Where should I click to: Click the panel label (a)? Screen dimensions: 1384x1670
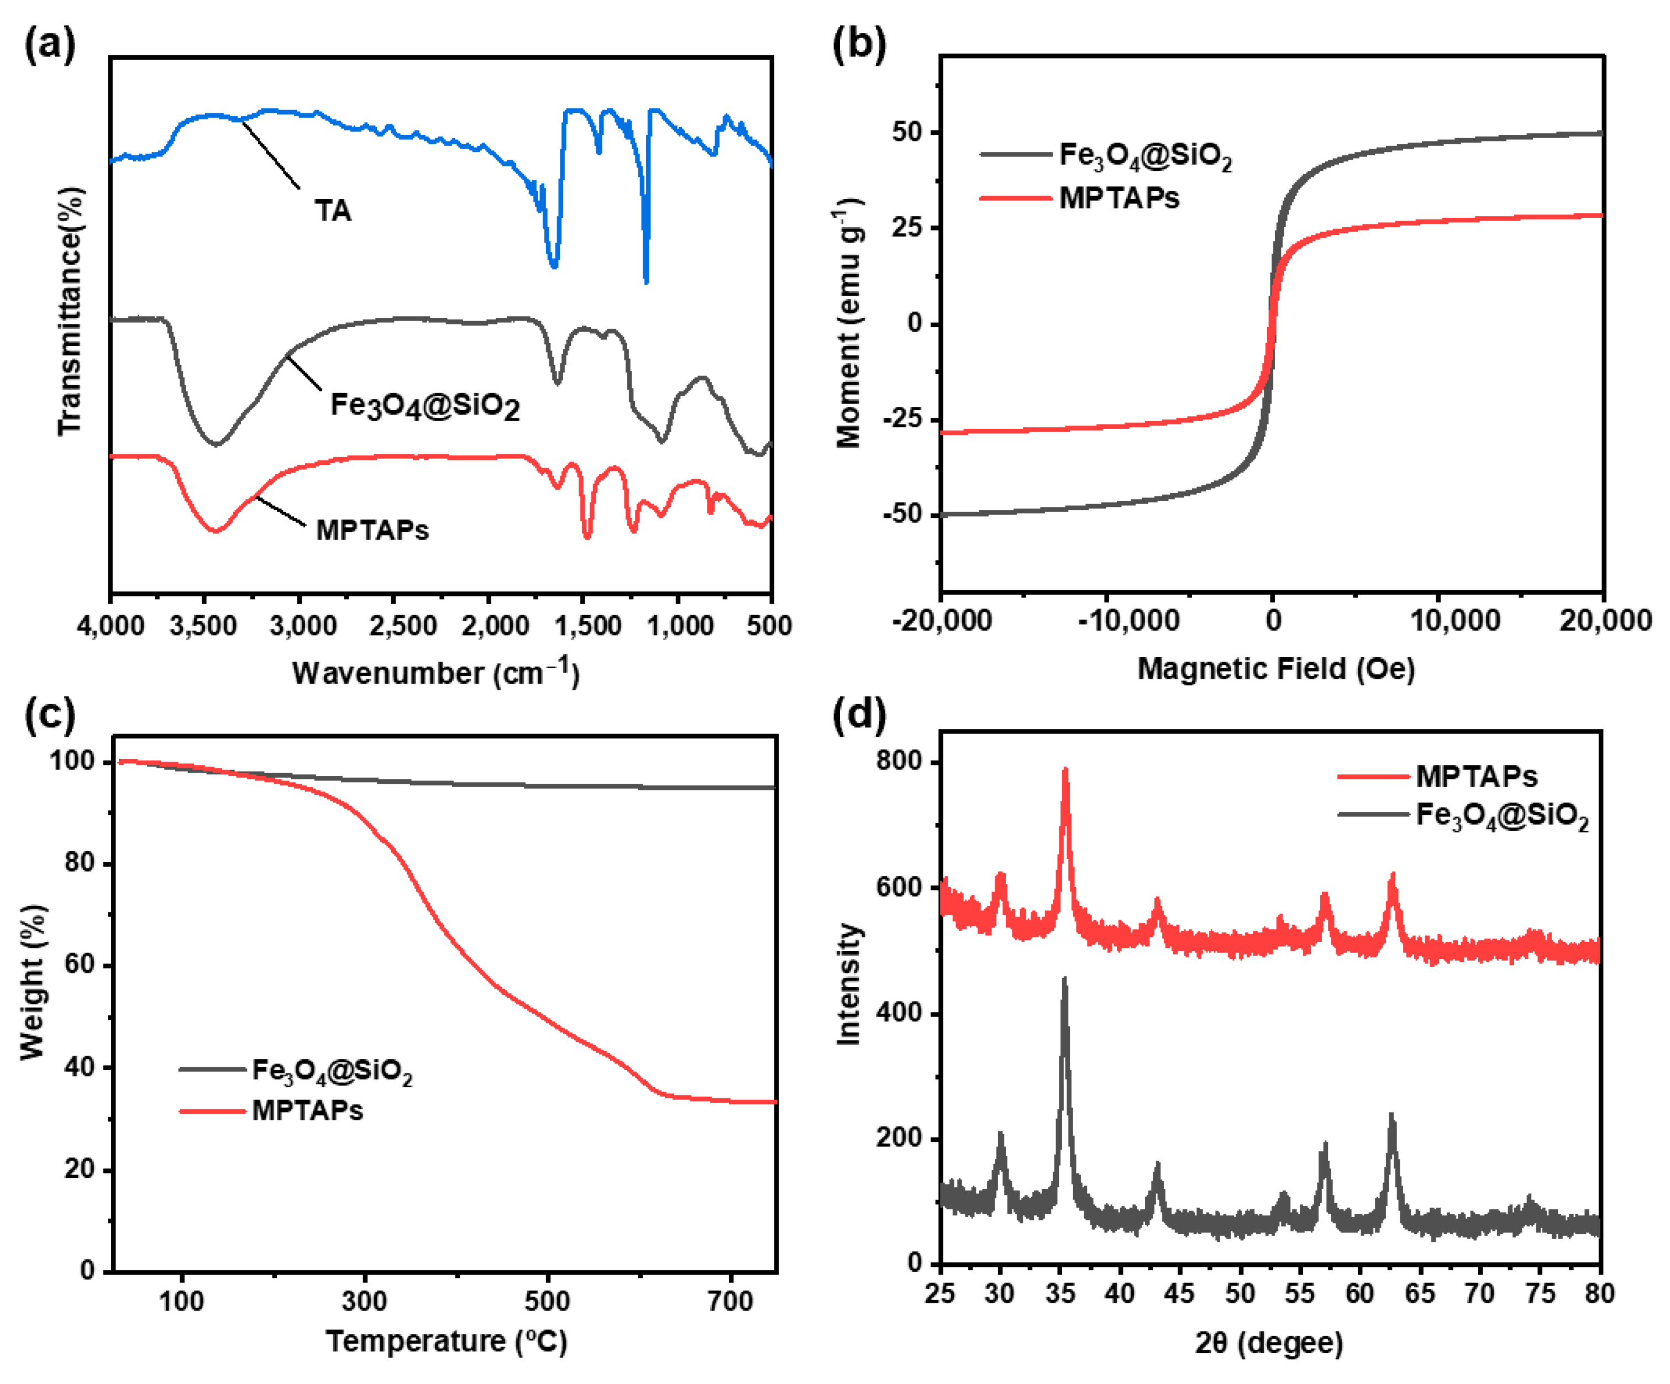click(49, 44)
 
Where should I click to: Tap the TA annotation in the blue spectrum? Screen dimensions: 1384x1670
click(333, 211)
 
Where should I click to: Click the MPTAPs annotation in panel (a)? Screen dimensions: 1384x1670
click(372, 530)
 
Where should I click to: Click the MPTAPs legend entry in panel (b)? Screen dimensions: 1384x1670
click(1119, 197)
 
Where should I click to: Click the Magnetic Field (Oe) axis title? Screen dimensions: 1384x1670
click(1275, 668)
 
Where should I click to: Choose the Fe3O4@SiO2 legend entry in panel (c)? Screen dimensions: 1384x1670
click(332, 1071)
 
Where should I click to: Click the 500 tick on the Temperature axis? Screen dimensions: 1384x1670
click(547, 1301)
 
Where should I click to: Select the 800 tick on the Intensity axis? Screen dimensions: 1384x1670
click(899, 761)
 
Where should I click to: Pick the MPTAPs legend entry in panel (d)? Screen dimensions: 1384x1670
click(1476, 775)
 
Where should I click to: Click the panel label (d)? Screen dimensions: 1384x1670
click(859, 714)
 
